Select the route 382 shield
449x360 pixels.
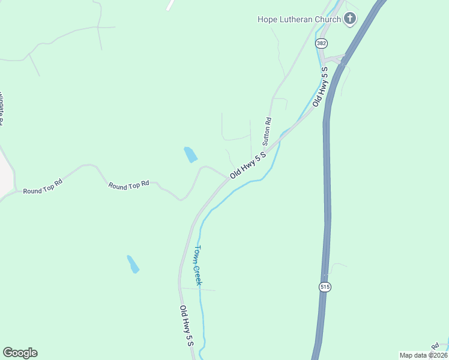coord(321,43)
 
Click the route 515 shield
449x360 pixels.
coord(325,287)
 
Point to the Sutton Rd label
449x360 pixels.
coord(267,131)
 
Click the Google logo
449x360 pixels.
coord(20,353)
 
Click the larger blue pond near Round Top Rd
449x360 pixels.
coord(190,154)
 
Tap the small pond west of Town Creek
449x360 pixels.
coord(133,264)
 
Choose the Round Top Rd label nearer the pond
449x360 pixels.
coord(128,185)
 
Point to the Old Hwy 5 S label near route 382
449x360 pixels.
coord(325,86)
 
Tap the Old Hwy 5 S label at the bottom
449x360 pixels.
coord(187,326)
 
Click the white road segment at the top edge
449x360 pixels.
coord(170,5)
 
